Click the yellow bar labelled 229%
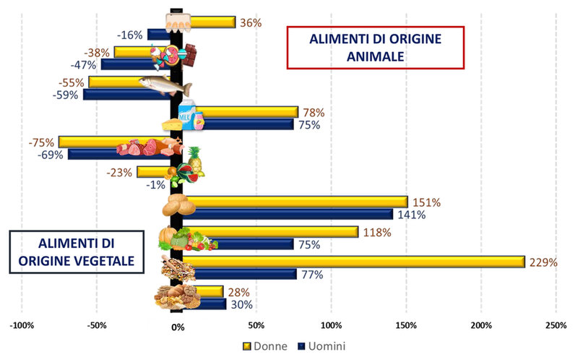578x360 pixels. click(354, 262)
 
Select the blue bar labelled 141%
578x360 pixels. click(288, 214)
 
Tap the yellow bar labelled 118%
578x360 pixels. click(270, 231)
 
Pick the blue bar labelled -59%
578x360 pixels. click(127, 95)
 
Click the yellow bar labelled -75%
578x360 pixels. click(115, 142)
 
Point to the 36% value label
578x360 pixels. click(251, 23)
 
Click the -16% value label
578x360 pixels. click(130, 35)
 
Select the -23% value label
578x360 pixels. click(119, 172)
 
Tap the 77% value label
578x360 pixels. click(312, 275)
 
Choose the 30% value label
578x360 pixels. click(242, 304)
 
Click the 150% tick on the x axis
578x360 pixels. click(406, 325)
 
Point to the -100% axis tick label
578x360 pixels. click(22, 325)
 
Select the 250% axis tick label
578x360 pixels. click(556, 325)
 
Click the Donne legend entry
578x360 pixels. click(265, 346)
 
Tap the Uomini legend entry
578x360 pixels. click(322, 346)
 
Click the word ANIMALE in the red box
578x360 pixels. click(375, 56)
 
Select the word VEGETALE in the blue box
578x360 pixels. click(104, 261)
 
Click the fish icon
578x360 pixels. click(165, 85)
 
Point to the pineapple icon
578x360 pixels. click(195, 160)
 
